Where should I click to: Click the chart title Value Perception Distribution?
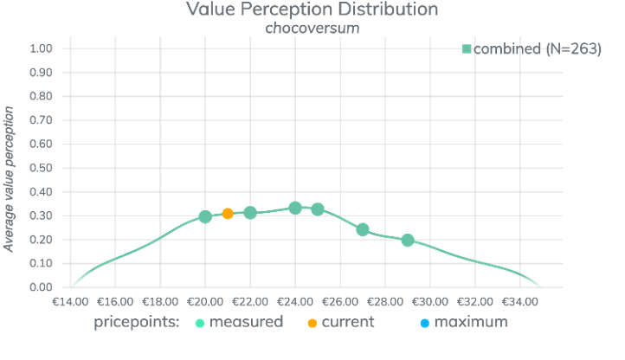tap(312, 10)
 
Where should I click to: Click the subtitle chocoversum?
tap(312, 28)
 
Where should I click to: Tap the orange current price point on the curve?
tap(228, 213)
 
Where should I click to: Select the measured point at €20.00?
tap(205, 217)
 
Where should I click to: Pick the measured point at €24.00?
tap(295, 208)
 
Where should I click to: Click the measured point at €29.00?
tap(408, 240)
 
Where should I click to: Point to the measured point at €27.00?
tap(363, 229)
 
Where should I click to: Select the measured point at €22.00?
tap(250, 212)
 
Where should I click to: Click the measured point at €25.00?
tap(318, 209)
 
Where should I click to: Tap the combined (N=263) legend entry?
tap(532, 49)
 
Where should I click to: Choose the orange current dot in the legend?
tap(312, 323)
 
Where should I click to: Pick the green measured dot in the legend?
tap(199, 323)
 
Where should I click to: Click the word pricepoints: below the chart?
tap(137, 322)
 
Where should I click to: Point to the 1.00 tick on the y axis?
tap(41, 48)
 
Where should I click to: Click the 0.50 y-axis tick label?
tap(41, 168)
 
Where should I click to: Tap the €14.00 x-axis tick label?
tap(71, 302)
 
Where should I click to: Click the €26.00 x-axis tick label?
tap(340, 302)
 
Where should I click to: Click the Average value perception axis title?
tap(10, 179)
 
